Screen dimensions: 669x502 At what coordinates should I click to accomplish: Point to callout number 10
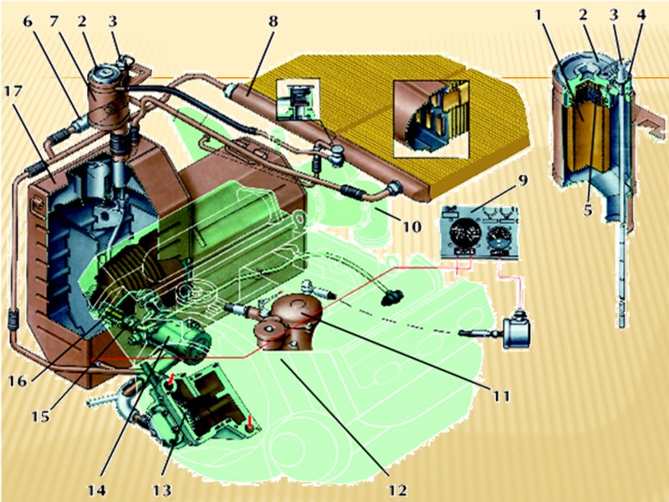click(x=411, y=226)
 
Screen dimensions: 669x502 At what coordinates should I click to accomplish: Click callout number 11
click(x=501, y=396)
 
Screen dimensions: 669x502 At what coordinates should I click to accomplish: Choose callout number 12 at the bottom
click(x=397, y=489)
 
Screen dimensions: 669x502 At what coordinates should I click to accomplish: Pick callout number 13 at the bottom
click(x=161, y=489)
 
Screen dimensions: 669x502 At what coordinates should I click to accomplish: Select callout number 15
click(x=39, y=415)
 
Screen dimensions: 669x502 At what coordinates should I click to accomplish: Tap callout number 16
click(x=18, y=381)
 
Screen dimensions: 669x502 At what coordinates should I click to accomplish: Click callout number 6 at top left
click(x=28, y=22)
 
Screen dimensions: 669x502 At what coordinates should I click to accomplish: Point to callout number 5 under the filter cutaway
click(x=589, y=210)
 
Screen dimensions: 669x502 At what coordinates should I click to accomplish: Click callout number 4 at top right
click(x=641, y=15)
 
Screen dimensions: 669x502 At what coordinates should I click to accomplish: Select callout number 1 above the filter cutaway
click(x=539, y=15)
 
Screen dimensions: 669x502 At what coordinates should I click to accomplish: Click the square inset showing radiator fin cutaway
click(x=432, y=117)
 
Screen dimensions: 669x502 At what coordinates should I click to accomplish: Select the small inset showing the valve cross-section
click(x=298, y=99)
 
